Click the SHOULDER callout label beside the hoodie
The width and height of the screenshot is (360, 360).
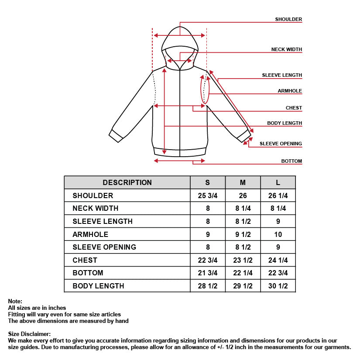(288, 19)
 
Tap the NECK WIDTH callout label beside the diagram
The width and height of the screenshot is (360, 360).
(286, 49)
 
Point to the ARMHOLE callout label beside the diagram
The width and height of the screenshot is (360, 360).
(290, 91)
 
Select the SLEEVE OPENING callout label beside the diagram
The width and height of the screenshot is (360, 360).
(281, 144)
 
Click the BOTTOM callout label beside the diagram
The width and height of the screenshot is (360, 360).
(291, 161)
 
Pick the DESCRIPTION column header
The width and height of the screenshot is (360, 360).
(127, 182)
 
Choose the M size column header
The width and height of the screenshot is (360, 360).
(243, 182)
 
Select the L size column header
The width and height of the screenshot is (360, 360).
(278, 182)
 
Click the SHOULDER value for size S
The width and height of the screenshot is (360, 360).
(208, 195)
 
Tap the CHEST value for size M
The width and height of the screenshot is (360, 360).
(243, 260)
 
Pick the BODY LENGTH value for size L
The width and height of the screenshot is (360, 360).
(278, 286)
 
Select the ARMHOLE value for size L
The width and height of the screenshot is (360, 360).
(278, 234)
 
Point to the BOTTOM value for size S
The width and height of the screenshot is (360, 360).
(208, 273)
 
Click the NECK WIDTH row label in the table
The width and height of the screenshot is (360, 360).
(95, 208)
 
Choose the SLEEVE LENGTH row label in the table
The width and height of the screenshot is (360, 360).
(103, 221)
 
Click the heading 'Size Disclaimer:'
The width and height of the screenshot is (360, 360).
(29, 334)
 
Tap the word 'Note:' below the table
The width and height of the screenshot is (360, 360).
(15, 301)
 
